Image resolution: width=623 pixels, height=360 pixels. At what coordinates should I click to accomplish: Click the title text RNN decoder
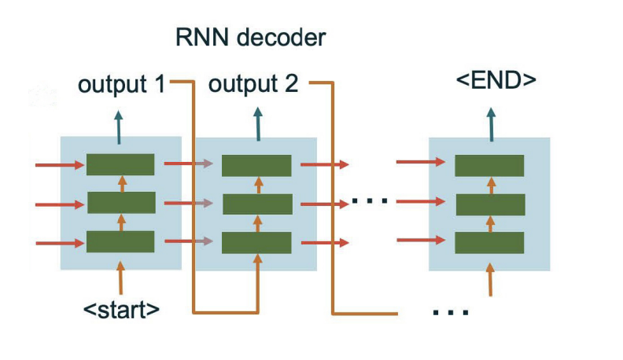(x=249, y=37)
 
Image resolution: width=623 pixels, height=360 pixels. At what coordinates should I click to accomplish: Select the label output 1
(x=122, y=84)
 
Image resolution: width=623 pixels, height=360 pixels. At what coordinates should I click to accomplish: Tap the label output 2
(x=253, y=84)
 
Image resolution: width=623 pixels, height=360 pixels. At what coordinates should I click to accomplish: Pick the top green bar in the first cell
(x=120, y=165)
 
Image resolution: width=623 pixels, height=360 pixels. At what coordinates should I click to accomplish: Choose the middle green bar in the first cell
(x=120, y=203)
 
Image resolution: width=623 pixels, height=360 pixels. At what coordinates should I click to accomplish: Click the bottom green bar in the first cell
(x=120, y=241)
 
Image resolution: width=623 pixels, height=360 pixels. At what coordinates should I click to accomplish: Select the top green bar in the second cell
(x=256, y=166)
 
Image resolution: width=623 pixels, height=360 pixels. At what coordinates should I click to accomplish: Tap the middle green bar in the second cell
(x=256, y=204)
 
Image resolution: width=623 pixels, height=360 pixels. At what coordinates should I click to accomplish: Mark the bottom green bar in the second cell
(x=256, y=242)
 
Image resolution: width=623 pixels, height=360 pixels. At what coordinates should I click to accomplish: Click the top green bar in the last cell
(x=490, y=165)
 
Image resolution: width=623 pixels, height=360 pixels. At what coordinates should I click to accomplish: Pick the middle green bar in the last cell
(x=490, y=204)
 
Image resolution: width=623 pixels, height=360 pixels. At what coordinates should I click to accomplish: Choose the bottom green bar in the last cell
(x=490, y=242)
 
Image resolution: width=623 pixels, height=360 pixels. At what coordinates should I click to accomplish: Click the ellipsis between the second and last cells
(x=370, y=201)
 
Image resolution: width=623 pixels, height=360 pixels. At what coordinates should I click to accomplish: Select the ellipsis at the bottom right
(x=451, y=312)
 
